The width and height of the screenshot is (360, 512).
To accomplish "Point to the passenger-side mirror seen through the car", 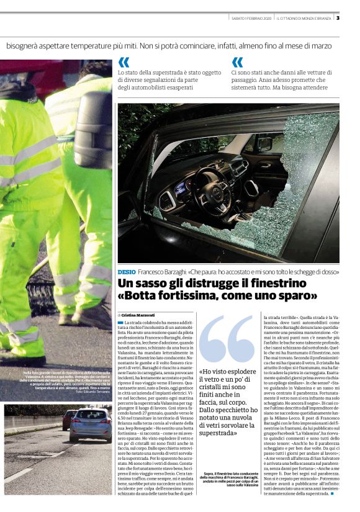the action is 283,144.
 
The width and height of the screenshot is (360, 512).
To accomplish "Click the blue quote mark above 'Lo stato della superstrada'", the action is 124,62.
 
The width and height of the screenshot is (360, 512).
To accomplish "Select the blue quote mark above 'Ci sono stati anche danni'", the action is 238,62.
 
